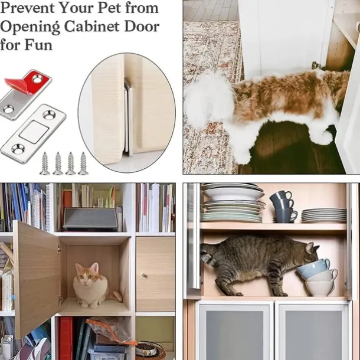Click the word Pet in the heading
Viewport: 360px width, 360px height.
110,8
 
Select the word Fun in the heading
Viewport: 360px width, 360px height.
38,45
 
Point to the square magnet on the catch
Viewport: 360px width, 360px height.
31,132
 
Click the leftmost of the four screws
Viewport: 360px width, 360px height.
45,163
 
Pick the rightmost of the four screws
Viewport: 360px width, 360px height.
83,163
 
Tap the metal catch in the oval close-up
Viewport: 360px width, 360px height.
128,116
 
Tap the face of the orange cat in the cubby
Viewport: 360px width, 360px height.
87,274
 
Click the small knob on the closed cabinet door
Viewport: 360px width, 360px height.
144,274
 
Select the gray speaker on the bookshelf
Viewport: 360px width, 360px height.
91,219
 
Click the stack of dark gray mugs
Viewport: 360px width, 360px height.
283,207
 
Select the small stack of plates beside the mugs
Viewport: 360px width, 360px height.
324,215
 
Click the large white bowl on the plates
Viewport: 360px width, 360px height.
233,194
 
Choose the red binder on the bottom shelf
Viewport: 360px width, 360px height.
66,338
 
